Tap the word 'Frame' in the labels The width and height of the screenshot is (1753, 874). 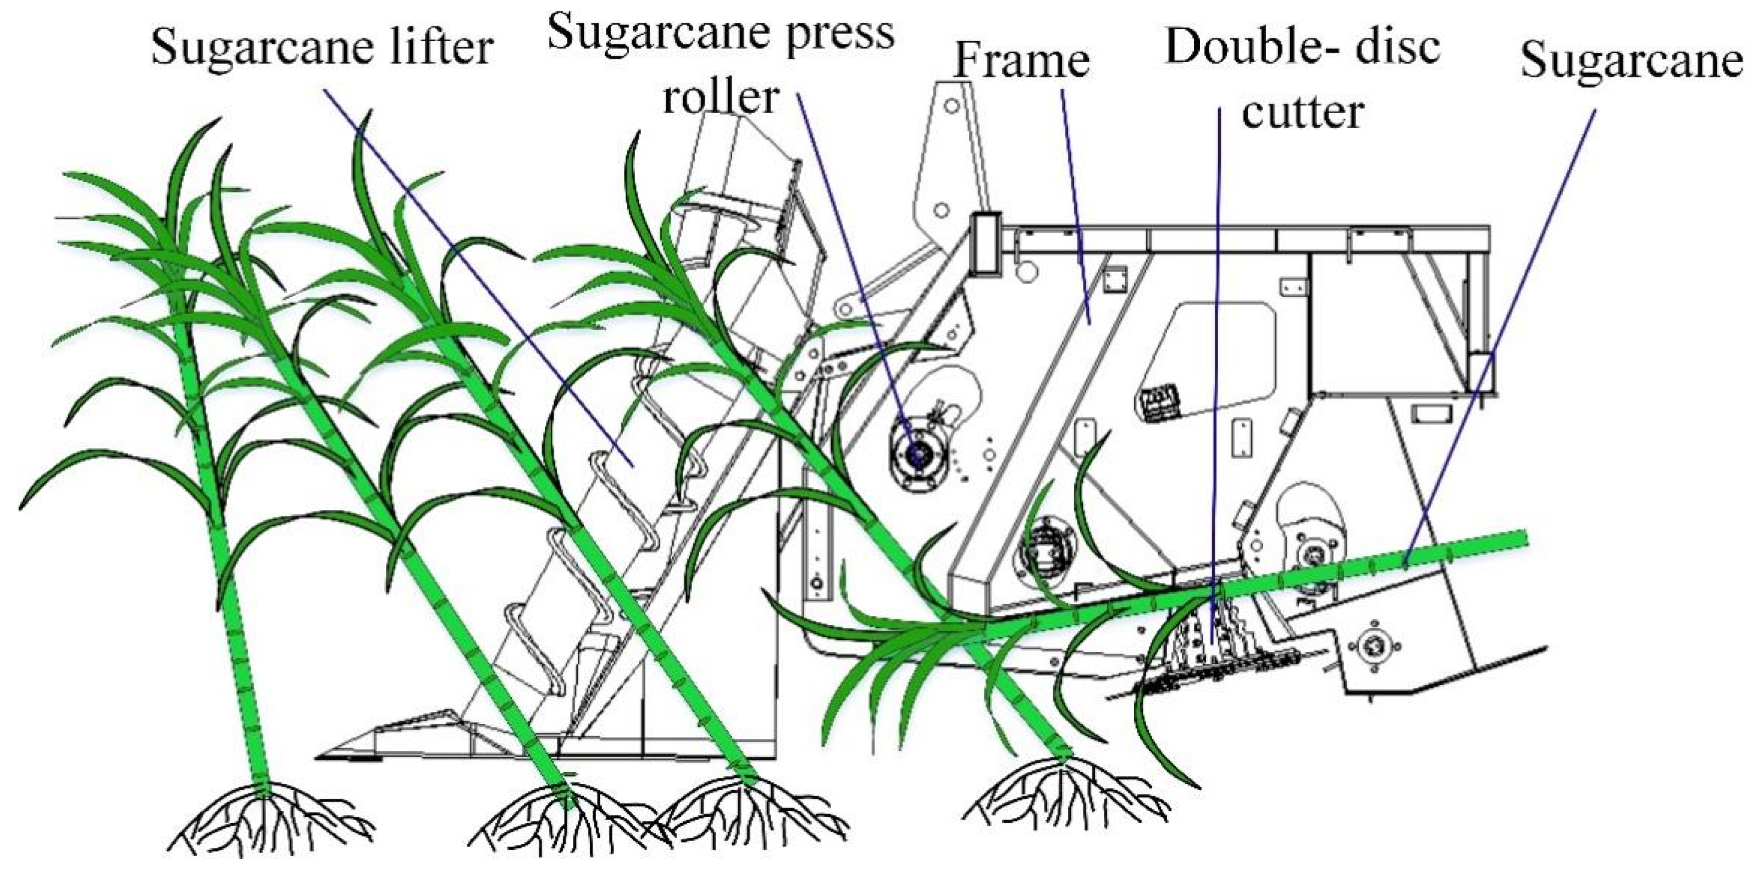pyautogui.click(x=1021, y=60)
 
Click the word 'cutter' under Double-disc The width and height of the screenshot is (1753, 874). pyautogui.click(x=1302, y=112)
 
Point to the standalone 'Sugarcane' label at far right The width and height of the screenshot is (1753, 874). pyautogui.click(x=1630, y=60)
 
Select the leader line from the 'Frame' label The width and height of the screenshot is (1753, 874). pyautogui.click(x=1075, y=204)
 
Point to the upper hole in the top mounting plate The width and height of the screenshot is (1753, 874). pyautogui.click(x=952, y=105)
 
